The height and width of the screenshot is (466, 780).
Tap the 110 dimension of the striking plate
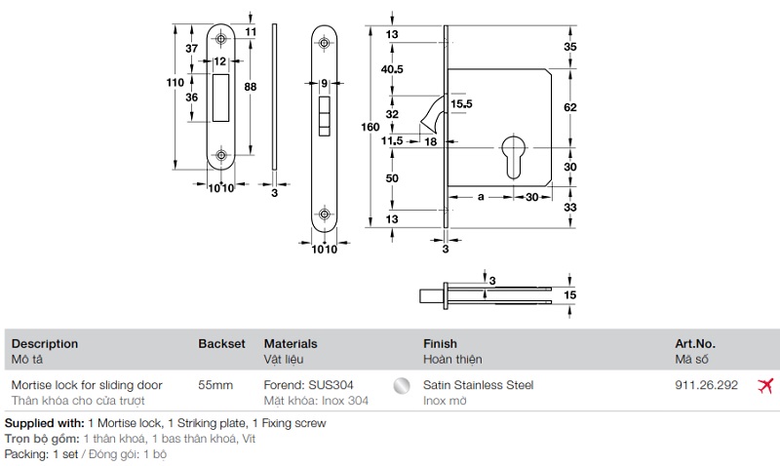click(175, 84)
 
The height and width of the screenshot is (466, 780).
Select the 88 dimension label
click(251, 87)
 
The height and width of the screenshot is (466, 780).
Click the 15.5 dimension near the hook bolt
click(461, 103)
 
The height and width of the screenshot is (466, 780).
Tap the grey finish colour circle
click(399, 386)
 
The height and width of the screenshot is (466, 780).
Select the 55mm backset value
click(215, 385)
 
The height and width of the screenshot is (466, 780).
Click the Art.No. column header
click(695, 344)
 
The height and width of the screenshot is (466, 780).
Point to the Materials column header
click(291, 344)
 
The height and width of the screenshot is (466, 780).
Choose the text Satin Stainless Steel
click(479, 385)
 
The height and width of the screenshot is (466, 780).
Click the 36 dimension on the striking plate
click(192, 97)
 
